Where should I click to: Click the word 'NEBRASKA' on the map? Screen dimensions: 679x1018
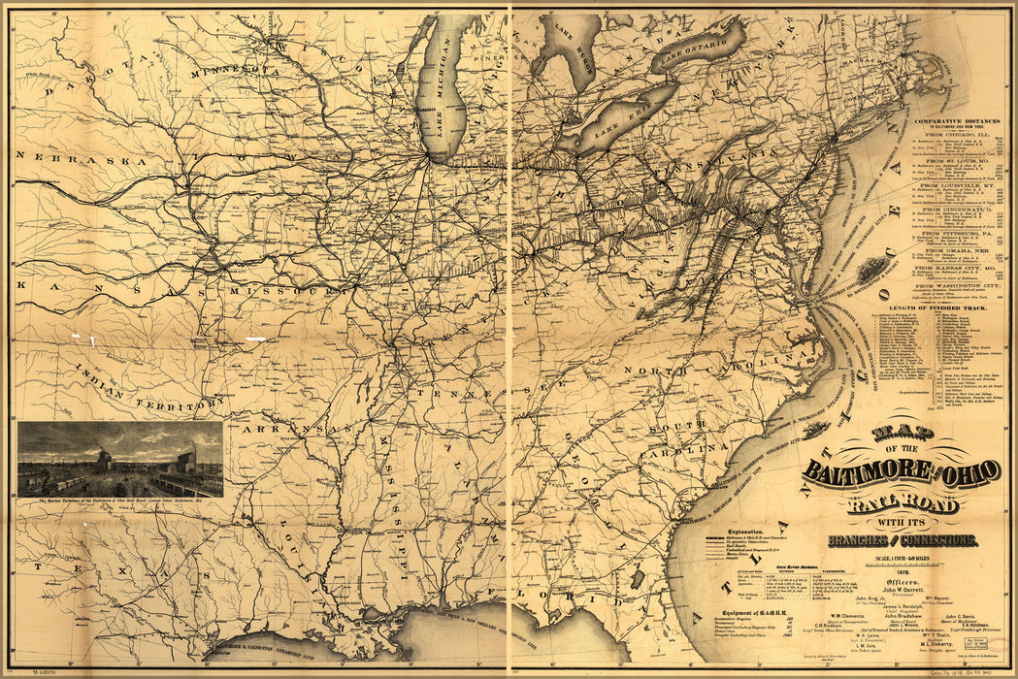[x=60, y=156]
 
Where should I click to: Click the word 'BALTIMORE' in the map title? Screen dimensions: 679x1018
[x=864, y=472]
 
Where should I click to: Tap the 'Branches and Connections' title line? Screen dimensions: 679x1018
[x=902, y=539]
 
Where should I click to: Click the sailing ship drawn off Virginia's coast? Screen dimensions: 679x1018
[x=871, y=268]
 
